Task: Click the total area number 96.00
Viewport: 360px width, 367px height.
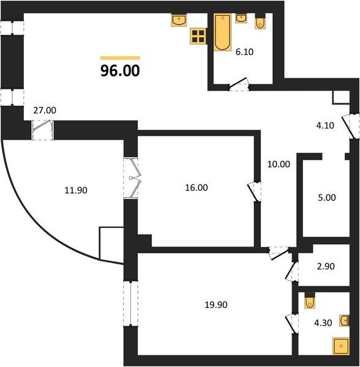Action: click(120, 71)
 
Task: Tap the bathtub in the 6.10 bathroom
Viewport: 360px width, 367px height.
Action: click(222, 32)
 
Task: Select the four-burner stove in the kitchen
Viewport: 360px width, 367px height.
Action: click(198, 36)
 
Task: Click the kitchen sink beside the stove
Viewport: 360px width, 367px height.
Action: click(179, 20)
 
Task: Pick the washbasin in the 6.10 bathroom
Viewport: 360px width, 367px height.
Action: click(241, 18)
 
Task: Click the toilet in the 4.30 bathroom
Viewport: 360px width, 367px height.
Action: click(310, 300)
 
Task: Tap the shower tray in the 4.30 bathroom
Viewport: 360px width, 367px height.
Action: click(341, 346)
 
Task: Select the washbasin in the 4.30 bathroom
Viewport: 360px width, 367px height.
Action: click(344, 320)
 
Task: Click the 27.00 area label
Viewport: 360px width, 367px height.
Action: click(45, 110)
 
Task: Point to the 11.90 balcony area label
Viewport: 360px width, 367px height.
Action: click(76, 190)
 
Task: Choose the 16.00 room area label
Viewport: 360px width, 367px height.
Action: click(197, 188)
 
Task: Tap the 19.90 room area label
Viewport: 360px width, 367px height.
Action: click(216, 305)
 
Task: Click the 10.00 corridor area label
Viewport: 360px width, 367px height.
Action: click(279, 165)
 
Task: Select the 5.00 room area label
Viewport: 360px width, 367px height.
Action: click(327, 198)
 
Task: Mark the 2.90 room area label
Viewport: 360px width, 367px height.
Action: click(326, 266)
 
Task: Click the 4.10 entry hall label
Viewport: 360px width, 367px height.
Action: click(325, 125)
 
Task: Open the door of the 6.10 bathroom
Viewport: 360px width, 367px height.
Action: click(239, 84)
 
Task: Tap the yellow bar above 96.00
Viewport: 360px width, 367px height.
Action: click(120, 58)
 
